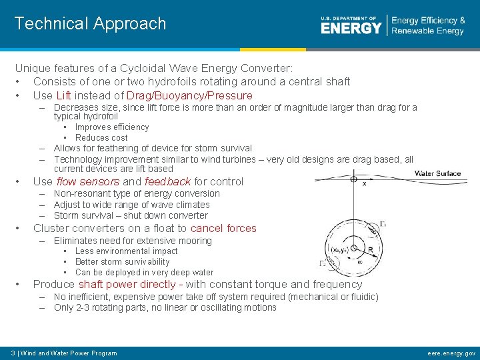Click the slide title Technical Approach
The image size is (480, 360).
click(x=90, y=23)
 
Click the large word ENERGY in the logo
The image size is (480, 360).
click(x=351, y=28)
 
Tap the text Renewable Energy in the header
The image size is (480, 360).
click(x=427, y=31)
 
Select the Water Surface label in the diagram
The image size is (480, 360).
click(x=437, y=173)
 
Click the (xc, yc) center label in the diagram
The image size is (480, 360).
click(x=339, y=249)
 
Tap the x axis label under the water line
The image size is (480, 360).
click(x=364, y=183)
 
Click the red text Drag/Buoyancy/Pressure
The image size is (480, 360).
click(x=189, y=95)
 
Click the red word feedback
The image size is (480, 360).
click(x=167, y=181)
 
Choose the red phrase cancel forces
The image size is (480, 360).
click(x=223, y=228)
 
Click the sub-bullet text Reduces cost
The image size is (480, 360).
click(x=101, y=137)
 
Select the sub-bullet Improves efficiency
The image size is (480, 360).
click(x=112, y=127)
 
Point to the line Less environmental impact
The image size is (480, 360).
click(x=126, y=251)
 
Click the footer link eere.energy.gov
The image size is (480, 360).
click(x=451, y=353)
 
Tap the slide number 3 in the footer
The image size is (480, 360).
click(x=13, y=353)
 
